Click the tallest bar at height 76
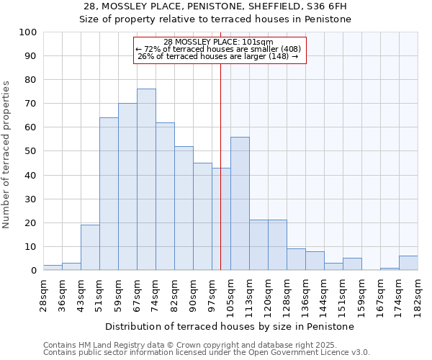[x=146, y=180]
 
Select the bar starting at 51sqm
[x=109, y=194]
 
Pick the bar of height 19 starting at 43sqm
[x=90, y=248]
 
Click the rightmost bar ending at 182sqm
[x=408, y=264]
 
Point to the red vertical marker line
[x=220, y=166]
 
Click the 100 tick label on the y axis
[x=28, y=32]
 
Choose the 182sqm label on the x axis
[x=418, y=296]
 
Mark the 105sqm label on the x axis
[x=231, y=296]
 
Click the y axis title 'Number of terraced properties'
[x=6, y=154]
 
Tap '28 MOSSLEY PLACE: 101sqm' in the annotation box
[x=218, y=42]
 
